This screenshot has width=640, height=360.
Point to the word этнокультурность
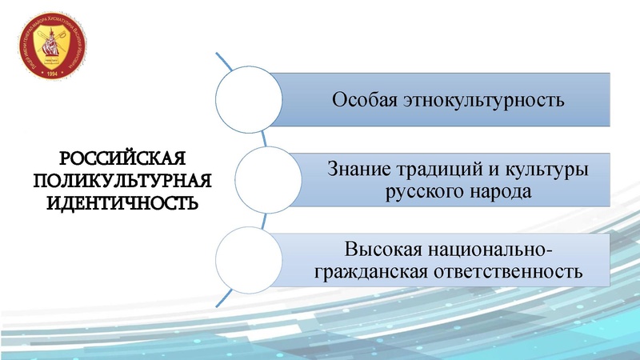tap(486, 102)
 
